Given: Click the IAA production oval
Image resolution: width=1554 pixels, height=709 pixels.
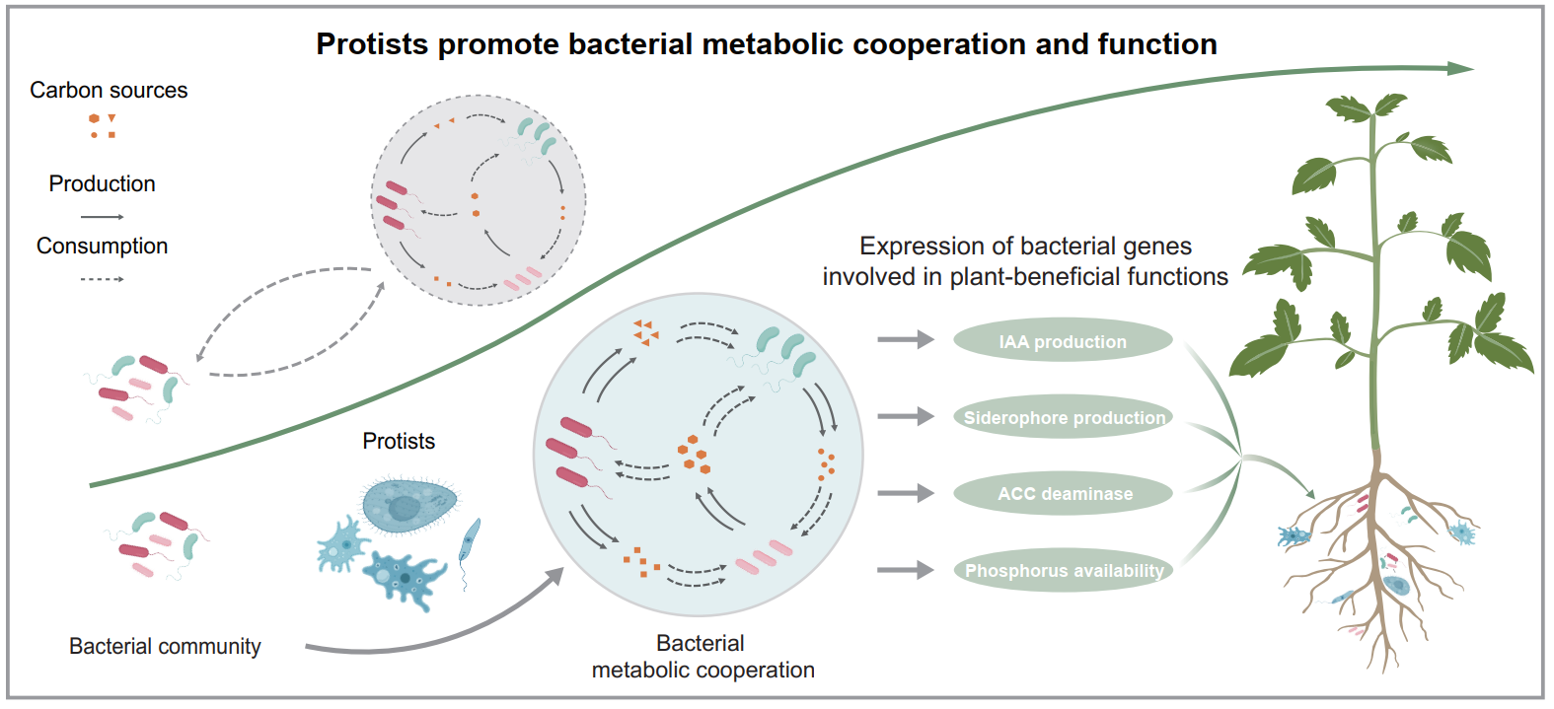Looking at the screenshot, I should pos(1063,341).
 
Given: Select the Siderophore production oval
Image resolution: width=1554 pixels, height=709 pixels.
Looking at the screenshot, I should pos(1064,417).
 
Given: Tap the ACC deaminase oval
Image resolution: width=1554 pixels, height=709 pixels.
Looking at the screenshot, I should pos(1064,493).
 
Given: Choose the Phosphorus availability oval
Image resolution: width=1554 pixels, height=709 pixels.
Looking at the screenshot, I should pos(1064,570).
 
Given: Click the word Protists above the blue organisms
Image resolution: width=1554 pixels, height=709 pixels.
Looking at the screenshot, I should pos(399,441).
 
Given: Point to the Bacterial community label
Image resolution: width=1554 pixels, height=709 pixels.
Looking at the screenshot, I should pos(165,646).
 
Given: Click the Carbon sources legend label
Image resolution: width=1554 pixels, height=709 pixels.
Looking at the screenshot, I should pos(109,90).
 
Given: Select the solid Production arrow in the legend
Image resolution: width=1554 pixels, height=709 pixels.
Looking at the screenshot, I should pos(102,216).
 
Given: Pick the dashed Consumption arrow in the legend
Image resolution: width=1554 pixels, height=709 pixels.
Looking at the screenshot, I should pos(102,279).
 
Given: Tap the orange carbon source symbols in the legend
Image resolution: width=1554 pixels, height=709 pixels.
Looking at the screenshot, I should pos(103,125).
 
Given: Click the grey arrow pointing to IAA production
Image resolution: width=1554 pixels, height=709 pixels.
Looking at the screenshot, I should pos(905,340).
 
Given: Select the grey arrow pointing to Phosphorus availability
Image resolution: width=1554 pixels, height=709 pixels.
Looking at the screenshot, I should pos(905,569).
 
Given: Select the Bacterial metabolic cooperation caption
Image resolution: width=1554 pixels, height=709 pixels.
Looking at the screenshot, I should pos(703,657).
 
